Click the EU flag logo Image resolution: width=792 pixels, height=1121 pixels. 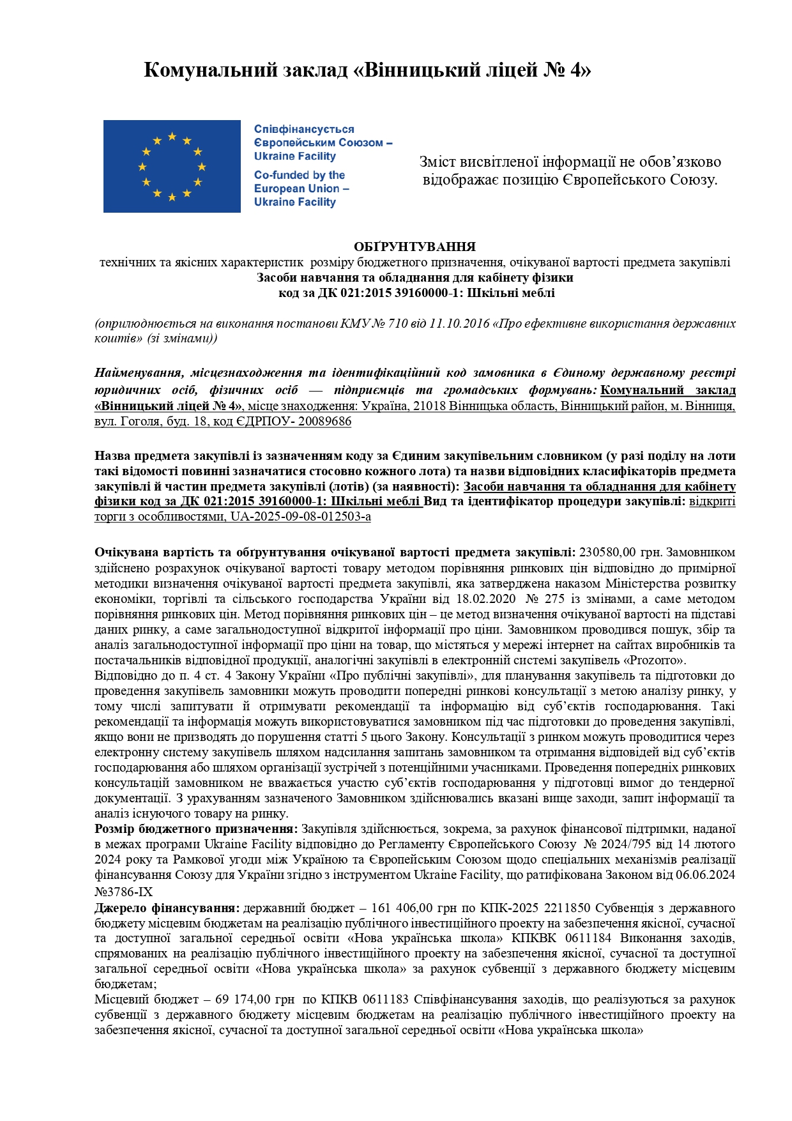(172, 166)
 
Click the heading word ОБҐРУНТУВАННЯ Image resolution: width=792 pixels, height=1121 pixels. (415, 247)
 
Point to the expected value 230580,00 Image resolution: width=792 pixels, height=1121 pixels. (607, 553)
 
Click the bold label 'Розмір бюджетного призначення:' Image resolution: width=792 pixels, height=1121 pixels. (196, 829)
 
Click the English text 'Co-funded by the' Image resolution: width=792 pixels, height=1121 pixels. (300, 175)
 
